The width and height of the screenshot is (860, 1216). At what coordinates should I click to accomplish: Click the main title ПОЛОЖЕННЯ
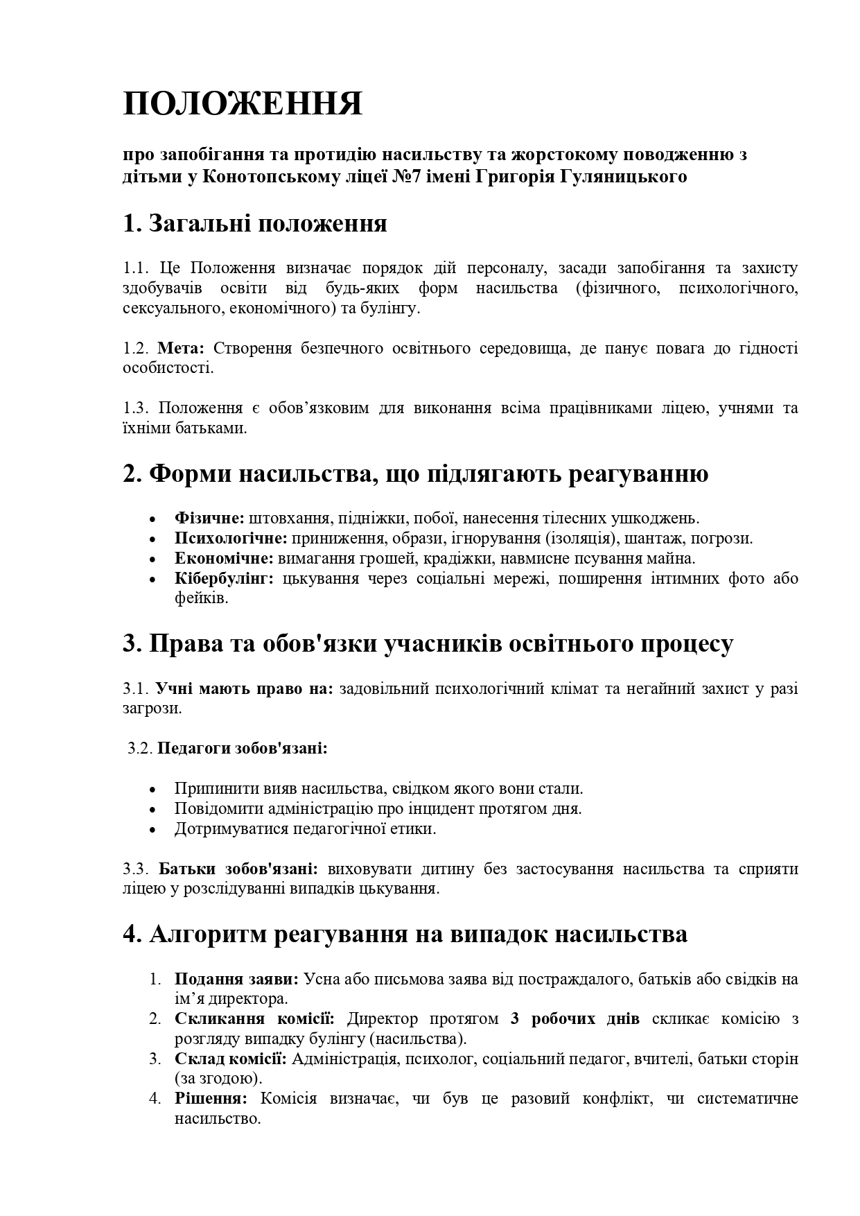[243, 104]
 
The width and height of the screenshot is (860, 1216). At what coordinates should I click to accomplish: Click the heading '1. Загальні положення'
[254, 224]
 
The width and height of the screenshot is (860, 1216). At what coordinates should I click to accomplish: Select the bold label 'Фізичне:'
[209, 518]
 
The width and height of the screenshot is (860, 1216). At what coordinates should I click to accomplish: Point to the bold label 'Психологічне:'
[231, 538]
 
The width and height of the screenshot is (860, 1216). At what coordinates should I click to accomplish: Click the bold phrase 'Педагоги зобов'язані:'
[242, 749]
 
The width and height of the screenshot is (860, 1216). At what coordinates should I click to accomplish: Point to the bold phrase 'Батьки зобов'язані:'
[238, 869]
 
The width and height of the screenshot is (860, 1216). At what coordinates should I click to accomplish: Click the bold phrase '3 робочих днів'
[574, 1019]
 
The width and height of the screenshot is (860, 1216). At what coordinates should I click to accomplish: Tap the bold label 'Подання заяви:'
[236, 979]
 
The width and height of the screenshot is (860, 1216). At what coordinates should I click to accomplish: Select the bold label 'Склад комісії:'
[231, 1059]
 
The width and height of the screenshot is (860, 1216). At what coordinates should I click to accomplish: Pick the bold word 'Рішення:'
[211, 1099]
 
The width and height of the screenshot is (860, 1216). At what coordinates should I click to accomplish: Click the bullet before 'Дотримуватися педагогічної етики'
[153, 830]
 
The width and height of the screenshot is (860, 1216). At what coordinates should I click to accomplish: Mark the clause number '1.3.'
[137, 408]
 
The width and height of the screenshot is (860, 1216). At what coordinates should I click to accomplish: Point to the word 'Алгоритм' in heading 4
[209, 934]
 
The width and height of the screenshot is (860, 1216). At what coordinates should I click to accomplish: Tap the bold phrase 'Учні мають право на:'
[244, 689]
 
